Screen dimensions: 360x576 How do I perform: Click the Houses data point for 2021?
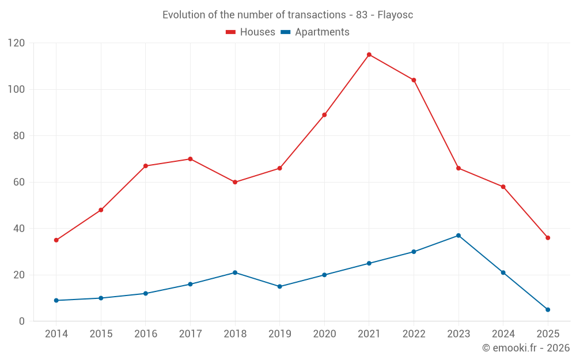pyautogui.click(x=369, y=55)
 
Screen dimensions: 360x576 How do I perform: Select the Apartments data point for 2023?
pyautogui.click(x=458, y=236)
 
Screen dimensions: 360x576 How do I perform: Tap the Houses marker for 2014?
pyautogui.click(x=56, y=240)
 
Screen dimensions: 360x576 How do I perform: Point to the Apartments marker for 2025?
pyautogui.click(x=548, y=310)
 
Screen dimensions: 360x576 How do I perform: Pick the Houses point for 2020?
pyautogui.click(x=324, y=115)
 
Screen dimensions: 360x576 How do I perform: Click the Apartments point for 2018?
pyautogui.click(x=235, y=272)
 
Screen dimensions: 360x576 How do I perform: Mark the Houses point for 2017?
pyautogui.click(x=190, y=159)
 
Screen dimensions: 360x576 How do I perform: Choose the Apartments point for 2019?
pyautogui.click(x=280, y=286)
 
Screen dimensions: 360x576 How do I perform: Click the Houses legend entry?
pyautogui.click(x=251, y=32)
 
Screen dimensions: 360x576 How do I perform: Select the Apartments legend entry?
pyautogui.click(x=315, y=32)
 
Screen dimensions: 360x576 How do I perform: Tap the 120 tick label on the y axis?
pyautogui.click(x=17, y=43)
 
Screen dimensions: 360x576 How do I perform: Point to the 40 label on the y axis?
pyautogui.click(x=19, y=229)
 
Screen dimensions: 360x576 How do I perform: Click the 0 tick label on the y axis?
pyautogui.click(x=22, y=321)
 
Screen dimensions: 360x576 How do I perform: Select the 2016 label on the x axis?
pyautogui.click(x=145, y=334)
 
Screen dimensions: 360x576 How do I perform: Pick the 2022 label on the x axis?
pyautogui.click(x=414, y=334)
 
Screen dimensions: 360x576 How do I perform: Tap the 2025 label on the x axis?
pyautogui.click(x=548, y=334)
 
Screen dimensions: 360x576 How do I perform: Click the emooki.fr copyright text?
pyautogui.click(x=525, y=348)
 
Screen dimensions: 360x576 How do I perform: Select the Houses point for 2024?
pyautogui.click(x=503, y=187)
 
